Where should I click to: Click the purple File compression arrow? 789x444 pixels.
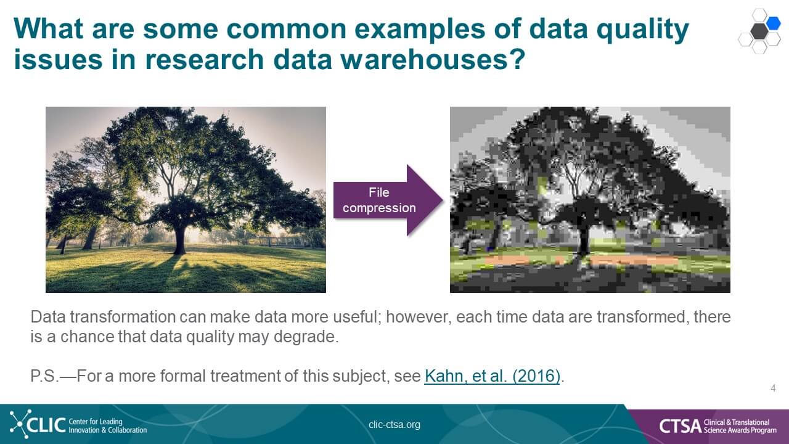[x=388, y=200]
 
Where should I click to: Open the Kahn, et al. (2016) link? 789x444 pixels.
[x=492, y=376]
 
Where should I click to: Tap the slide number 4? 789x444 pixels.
[x=773, y=388]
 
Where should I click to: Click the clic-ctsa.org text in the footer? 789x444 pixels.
[x=394, y=425]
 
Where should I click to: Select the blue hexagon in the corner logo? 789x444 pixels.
[x=774, y=23]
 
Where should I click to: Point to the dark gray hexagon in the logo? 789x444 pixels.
[x=759, y=31]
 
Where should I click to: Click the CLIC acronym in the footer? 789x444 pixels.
[x=46, y=425]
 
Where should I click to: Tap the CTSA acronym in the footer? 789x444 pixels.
[x=681, y=426]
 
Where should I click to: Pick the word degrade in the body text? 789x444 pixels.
[x=306, y=337]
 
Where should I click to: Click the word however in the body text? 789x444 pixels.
[x=419, y=316]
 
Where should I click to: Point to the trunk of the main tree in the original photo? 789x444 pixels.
[x=179, y=240]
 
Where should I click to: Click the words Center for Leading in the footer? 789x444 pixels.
[x=96, y=421]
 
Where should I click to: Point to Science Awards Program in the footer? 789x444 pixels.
[x=740, y=430]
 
